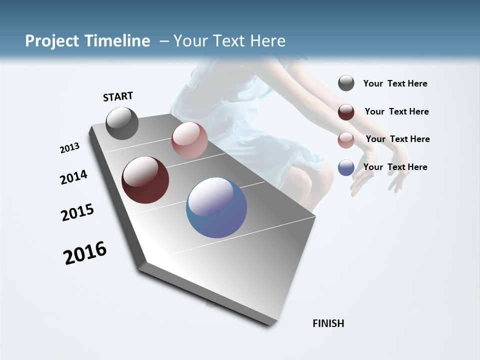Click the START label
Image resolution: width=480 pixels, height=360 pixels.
(x=118, y=96)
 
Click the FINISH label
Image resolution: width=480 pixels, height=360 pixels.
(x=328, y=323)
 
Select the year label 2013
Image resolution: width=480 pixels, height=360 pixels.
(x=69, y=148)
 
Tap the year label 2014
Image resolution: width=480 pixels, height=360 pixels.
(x=73, y=177)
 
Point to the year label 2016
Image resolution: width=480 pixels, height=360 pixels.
(x=85, y=253)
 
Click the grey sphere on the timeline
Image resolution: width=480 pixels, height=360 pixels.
(x=122, y=123)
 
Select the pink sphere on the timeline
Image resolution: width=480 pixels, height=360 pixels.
(x=189, y=140)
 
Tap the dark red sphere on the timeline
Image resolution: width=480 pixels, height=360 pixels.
(x=145, y=180)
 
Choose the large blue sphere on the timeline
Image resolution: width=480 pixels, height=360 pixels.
(x=216, y=207)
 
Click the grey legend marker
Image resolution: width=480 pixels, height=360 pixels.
(x=346, y=83)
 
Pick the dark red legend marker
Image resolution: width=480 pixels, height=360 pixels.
(x=346, y=112)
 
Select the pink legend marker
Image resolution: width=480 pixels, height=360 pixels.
(x=346, y=140)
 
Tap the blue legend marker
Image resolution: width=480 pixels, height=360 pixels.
(x=346, y=167)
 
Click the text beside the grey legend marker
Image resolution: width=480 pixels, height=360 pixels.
(x=395, y=84)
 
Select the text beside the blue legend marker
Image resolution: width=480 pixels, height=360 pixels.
(x=395, y=167)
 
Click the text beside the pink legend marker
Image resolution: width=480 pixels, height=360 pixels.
(x=397, y=139)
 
